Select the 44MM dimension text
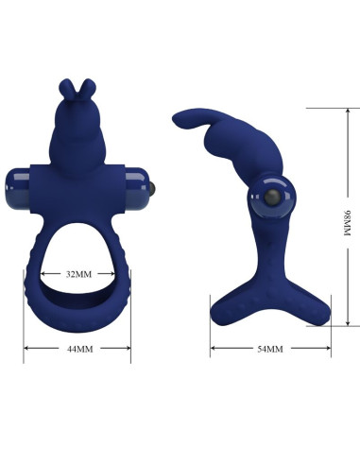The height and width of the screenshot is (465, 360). tap(77, 350)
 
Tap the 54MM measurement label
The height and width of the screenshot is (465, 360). tap(270, 350)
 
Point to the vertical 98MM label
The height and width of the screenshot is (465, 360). tap(346, 222)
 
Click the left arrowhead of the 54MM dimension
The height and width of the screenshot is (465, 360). tap(213, 350)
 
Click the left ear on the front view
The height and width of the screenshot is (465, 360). tap(71, 90)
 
